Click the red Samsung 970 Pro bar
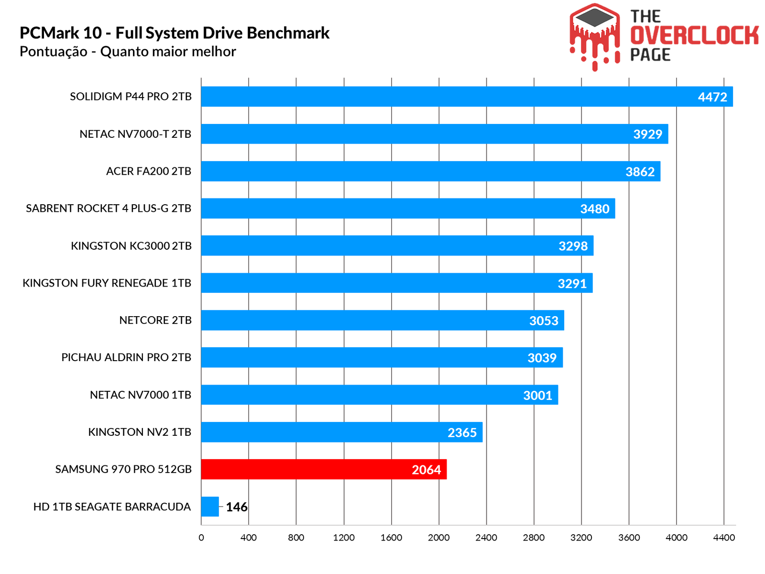click(x=323, y=469)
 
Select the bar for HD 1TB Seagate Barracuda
click(x=210, y=507)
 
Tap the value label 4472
click(x=712, y=97)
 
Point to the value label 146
click(x=237, y=507)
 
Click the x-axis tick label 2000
click(x=438, y=538)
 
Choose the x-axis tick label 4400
click(x=724, y=538)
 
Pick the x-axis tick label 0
click(x=201, y=538)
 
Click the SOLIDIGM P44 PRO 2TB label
click(x=131, y=97)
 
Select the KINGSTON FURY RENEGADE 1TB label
click(x=107, y=283)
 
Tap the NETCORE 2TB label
click(x=155, y=320)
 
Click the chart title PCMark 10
click(x=175, y=33)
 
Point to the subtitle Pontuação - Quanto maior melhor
click(x=128, y=52)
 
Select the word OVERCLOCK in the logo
click(x=694, y=36)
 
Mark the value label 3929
click(x=647, y=134)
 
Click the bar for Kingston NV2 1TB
click(x=341, y=432)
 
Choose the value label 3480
click(x=595, y=209)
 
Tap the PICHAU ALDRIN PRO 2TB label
click(x=126, y=357)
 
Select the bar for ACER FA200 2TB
click(x=430, y=171)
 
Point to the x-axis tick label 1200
click(x=344, y=538)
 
